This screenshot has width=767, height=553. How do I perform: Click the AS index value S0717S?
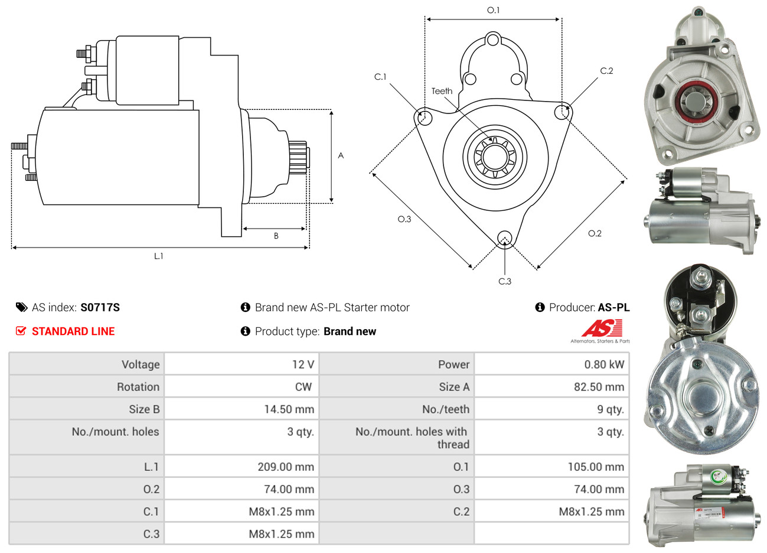[100, 307]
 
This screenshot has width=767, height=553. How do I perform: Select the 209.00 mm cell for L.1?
[286, 467]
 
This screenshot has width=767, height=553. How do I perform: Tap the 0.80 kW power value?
[604, 365]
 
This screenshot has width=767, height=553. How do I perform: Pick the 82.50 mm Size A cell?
[599, 387]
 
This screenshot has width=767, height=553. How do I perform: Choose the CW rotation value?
[303, 387]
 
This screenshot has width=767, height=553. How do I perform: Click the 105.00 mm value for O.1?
[596, 467]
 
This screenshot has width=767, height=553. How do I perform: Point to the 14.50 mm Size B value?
[289, 409]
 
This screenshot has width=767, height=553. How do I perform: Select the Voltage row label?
[141, 365]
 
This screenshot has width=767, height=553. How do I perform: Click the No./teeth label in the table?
[446, 409]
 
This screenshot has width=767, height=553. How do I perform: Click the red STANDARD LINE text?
[73, 331]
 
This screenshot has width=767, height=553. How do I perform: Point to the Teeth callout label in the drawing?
[442, 91]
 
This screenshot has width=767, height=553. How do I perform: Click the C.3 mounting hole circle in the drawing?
[504, 238]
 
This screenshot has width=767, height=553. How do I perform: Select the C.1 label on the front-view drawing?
[380, 77]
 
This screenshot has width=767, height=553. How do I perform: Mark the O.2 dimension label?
[595, 233]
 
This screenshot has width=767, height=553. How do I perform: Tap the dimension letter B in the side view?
[276, 236]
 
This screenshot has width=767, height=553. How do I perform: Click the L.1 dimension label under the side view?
[158, 256]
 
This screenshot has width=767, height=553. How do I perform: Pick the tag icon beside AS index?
[21, 307]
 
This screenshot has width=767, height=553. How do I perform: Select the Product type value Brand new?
[350, 331]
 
